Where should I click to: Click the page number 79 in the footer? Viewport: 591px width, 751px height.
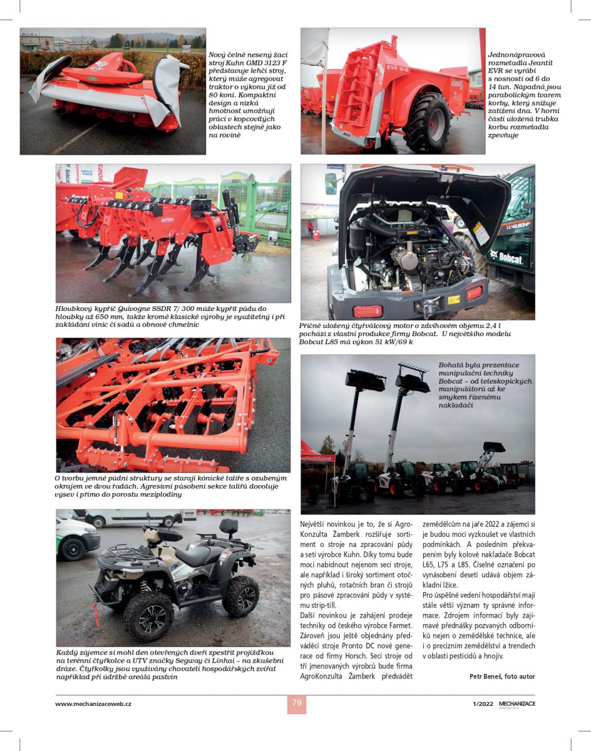point(297,703)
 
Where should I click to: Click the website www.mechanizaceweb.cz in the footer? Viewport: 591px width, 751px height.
point(93,703)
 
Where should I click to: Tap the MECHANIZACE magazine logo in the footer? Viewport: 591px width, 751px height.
point(516,703)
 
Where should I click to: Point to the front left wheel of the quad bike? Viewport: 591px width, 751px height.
point(148,616)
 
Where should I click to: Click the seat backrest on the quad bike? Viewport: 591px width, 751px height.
point(228,526)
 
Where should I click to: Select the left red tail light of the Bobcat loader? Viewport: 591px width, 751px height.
point(367,311)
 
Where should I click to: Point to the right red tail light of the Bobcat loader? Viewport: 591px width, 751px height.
point(474,292)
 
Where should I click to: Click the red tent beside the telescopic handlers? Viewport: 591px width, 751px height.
point(316,453)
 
